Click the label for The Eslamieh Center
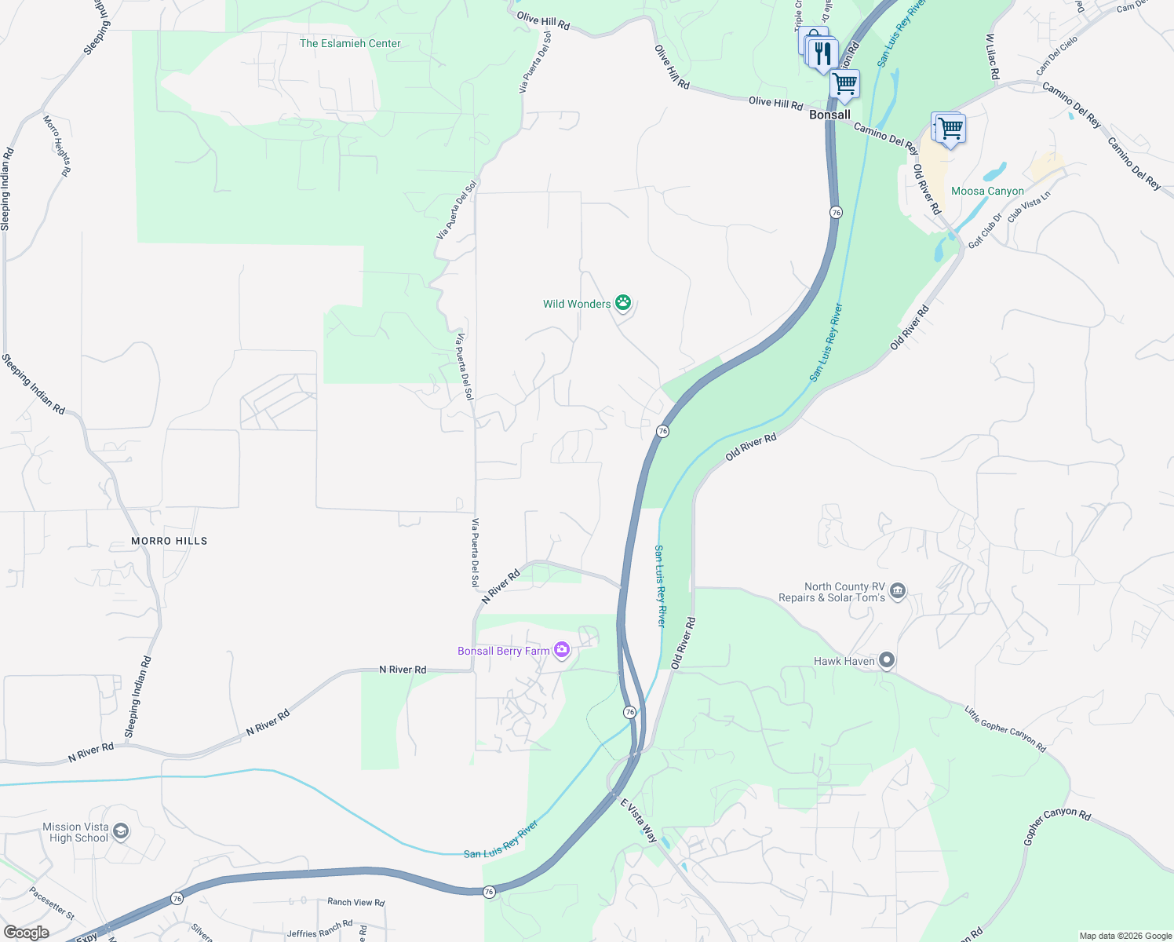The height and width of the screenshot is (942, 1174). point(350,43)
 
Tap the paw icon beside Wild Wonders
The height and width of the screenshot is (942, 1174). point(623,302)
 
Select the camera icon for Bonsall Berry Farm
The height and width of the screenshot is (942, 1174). point(561,650)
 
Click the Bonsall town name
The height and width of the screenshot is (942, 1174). point(829,115)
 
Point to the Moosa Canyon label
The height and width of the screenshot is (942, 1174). point(987,191)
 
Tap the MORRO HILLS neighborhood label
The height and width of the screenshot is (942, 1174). point(170,541)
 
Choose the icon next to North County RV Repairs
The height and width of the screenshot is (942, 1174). point(899,590)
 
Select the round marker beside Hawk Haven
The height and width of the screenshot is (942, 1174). point(887,661)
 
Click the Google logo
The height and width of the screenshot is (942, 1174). point(26,932)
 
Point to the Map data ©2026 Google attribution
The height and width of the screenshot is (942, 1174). point(1125,936)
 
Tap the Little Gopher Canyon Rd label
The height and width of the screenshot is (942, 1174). point(1005,729)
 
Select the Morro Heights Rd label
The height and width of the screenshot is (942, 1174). point(57,145)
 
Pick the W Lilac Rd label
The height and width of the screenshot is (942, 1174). point(992,57)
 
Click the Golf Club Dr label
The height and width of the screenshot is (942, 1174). point(986,231)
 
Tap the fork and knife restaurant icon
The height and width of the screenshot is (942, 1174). point(822,53)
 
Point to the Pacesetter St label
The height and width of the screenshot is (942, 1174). point(52,904)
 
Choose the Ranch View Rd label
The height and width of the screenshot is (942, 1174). point(356,903)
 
